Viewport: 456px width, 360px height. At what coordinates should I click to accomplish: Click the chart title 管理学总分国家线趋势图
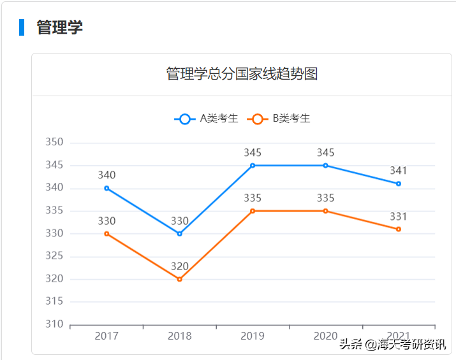[x=242, y=74]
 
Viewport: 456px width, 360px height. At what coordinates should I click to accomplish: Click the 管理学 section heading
[x=59, y=27]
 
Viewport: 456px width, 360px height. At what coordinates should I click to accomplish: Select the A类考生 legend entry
[x=207, y=119]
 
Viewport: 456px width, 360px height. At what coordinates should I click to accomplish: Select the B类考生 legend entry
[x=280, y=119]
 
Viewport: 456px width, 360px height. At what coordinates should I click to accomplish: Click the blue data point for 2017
[x=107, y=188]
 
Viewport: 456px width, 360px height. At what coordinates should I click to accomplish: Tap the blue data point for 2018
[x=180, y=234]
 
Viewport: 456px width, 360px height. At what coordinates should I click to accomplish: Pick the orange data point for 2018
[x=180, y=279]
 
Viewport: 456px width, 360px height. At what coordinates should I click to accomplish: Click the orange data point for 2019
[x=253, y=211]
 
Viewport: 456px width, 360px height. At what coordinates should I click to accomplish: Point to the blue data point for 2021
[x=399, y=184]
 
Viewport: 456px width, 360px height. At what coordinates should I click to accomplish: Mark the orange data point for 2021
[x=399, y=229]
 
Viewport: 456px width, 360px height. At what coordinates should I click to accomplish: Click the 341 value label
[x=399, y=171]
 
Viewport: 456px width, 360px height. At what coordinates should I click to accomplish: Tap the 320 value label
[x=180, y=266]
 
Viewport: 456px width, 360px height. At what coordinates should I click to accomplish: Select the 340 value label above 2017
[x=107, y=175]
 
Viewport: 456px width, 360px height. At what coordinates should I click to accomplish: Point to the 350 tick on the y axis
[x=54, y=142]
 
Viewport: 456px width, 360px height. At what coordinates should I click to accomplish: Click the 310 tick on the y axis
[x=54, y=324]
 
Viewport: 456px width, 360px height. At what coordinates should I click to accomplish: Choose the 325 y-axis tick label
[x=54, y=256]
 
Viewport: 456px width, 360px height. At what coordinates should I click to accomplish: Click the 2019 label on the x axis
[x=253, y=336]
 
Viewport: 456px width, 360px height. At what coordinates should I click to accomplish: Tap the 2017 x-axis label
[x=107, y=336]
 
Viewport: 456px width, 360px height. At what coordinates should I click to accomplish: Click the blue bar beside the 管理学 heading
[x=22, y=27]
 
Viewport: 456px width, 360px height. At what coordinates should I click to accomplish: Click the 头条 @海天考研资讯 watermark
[x=392, y=345]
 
